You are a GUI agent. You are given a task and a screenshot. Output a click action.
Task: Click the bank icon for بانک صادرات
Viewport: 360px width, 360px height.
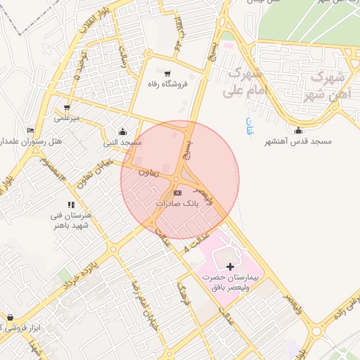click(x=177, y=192)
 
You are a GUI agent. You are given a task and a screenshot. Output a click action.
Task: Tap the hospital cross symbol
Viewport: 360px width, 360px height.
click(x=231, y=266)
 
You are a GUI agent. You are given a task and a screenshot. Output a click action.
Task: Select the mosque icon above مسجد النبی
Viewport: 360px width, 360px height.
click(x=123, y=131)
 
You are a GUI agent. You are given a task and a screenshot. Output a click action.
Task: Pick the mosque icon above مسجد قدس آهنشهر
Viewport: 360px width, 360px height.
click(x=298, y=130)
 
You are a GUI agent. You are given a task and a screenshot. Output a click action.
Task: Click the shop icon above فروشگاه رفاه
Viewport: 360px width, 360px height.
click(x=167, y=73)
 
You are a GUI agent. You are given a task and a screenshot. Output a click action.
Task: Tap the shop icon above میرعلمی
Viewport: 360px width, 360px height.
click(x=67, y=108)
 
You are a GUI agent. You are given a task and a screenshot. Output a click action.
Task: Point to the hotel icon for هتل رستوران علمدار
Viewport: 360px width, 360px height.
click(x=30, y=131)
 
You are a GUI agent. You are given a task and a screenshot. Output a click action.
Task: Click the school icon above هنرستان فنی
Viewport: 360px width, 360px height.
click(x=71, y=205)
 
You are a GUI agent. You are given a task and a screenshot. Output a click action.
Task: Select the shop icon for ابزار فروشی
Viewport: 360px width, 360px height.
click(x=10, y=318)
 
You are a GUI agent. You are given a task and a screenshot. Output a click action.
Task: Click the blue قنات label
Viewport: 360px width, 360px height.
click(x=249, y=127)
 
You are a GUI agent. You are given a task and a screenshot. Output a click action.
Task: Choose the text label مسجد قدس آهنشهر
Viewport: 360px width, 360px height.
click(x=298, y=141)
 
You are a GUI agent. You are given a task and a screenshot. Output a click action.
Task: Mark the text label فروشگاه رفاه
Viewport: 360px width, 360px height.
click(x=167, y=84)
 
